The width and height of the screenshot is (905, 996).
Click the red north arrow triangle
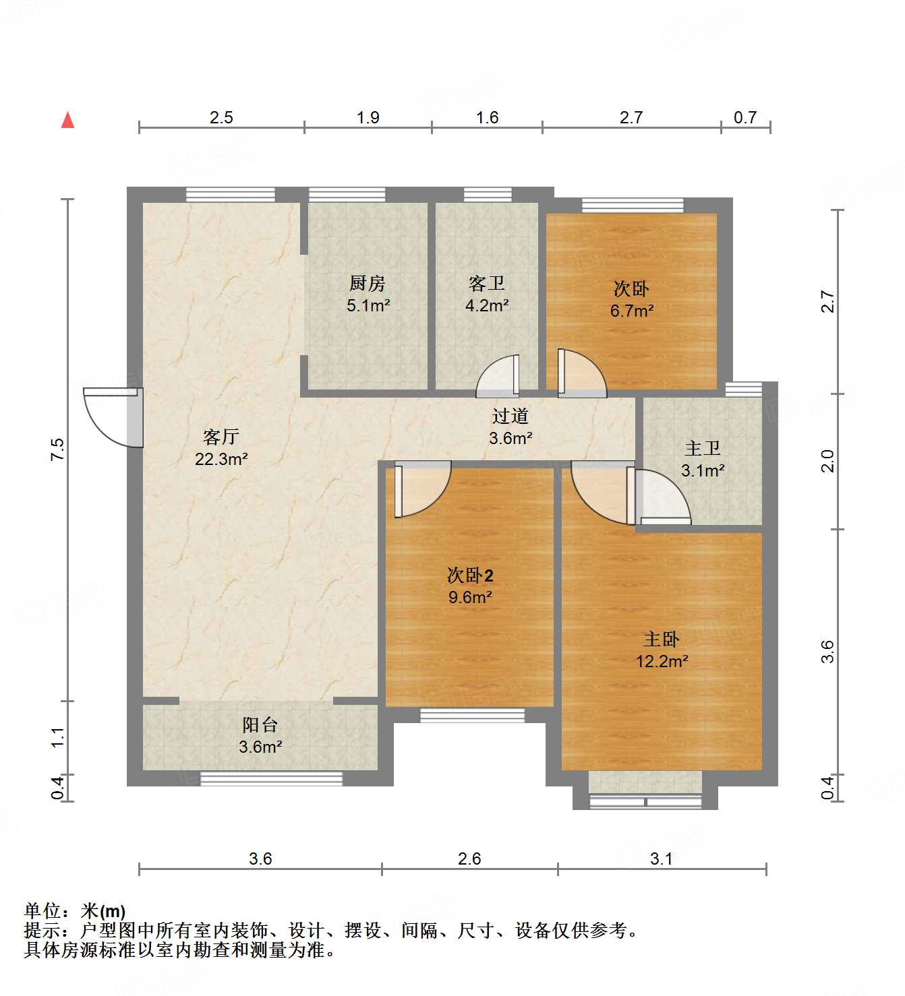67,120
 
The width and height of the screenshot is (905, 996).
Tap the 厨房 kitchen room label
368,284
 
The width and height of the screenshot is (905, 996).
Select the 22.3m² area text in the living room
221,459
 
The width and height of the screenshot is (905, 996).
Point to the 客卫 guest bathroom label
486,284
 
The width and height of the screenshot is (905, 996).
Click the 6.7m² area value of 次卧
632,311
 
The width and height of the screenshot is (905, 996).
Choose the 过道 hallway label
510,416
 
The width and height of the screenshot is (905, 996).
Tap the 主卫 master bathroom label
703,448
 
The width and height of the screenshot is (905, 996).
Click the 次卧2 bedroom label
470,575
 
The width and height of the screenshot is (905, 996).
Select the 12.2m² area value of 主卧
662,661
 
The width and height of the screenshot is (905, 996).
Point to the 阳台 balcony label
260,725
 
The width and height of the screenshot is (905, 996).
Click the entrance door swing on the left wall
111,418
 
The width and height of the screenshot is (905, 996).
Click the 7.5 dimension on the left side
57,449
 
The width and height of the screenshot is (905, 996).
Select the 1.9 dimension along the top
368,117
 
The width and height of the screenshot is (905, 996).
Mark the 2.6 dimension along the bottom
469,859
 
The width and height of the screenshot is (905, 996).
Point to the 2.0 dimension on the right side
827,461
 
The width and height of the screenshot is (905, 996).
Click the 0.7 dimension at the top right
745,117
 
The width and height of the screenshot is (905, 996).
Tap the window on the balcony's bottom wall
271,779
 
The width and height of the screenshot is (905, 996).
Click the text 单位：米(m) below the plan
75,911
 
